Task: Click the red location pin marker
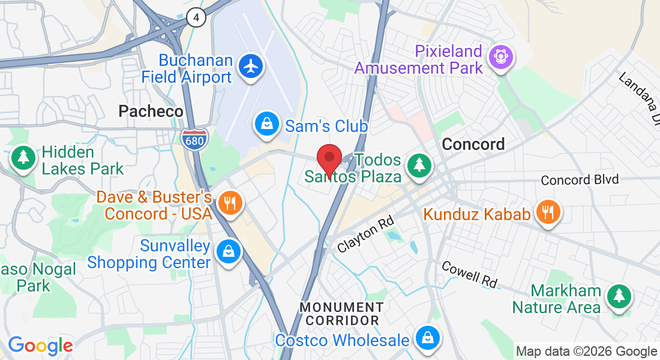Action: click(329, 159)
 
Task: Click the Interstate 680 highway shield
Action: click(194, 139)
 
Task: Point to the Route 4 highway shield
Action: click(196, 17)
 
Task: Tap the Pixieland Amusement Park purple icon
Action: click(500, 57)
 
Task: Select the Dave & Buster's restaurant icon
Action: click(229, 202)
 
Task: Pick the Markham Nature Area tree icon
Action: click(618, 296)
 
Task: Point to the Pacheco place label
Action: click(151, 111)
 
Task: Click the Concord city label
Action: click(473, 144)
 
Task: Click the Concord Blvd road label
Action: click(579, 180)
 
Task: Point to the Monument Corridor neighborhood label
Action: click(340, 314)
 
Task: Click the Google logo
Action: click(40, 346)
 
